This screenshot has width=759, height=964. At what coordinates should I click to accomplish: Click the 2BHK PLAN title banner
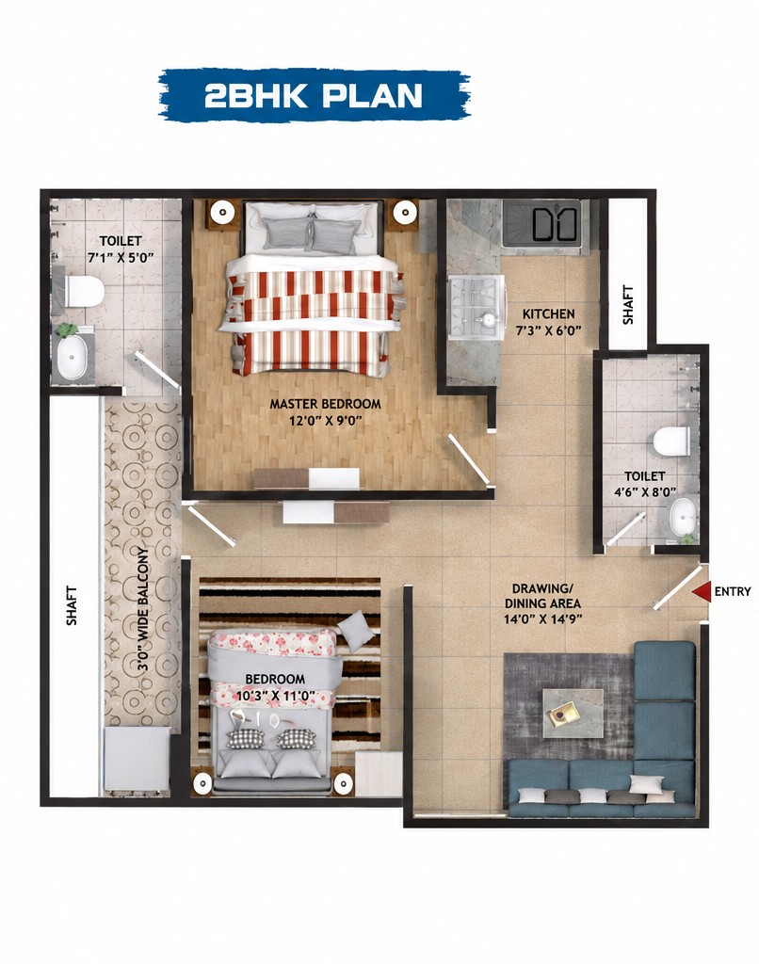click(314, 95)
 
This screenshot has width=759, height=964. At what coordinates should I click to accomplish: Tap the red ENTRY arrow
click(702, 591)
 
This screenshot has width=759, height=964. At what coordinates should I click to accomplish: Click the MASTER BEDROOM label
click(326, 404)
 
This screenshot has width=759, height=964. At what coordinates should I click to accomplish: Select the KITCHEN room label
click(549, 313)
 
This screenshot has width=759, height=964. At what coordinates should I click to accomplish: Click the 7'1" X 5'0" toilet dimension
click(120, 257)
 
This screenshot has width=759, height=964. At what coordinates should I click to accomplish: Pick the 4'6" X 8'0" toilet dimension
click(645, 491)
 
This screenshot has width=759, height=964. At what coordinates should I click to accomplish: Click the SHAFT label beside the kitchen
click(627, 304)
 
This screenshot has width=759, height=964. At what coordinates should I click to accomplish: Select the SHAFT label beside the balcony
click(72, 606)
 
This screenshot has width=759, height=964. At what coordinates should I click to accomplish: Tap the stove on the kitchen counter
click(476, 308)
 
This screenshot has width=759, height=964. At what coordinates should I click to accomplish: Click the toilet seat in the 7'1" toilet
click(84, 292)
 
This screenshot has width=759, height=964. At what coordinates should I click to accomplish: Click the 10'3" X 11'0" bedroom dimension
click(276, 696)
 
